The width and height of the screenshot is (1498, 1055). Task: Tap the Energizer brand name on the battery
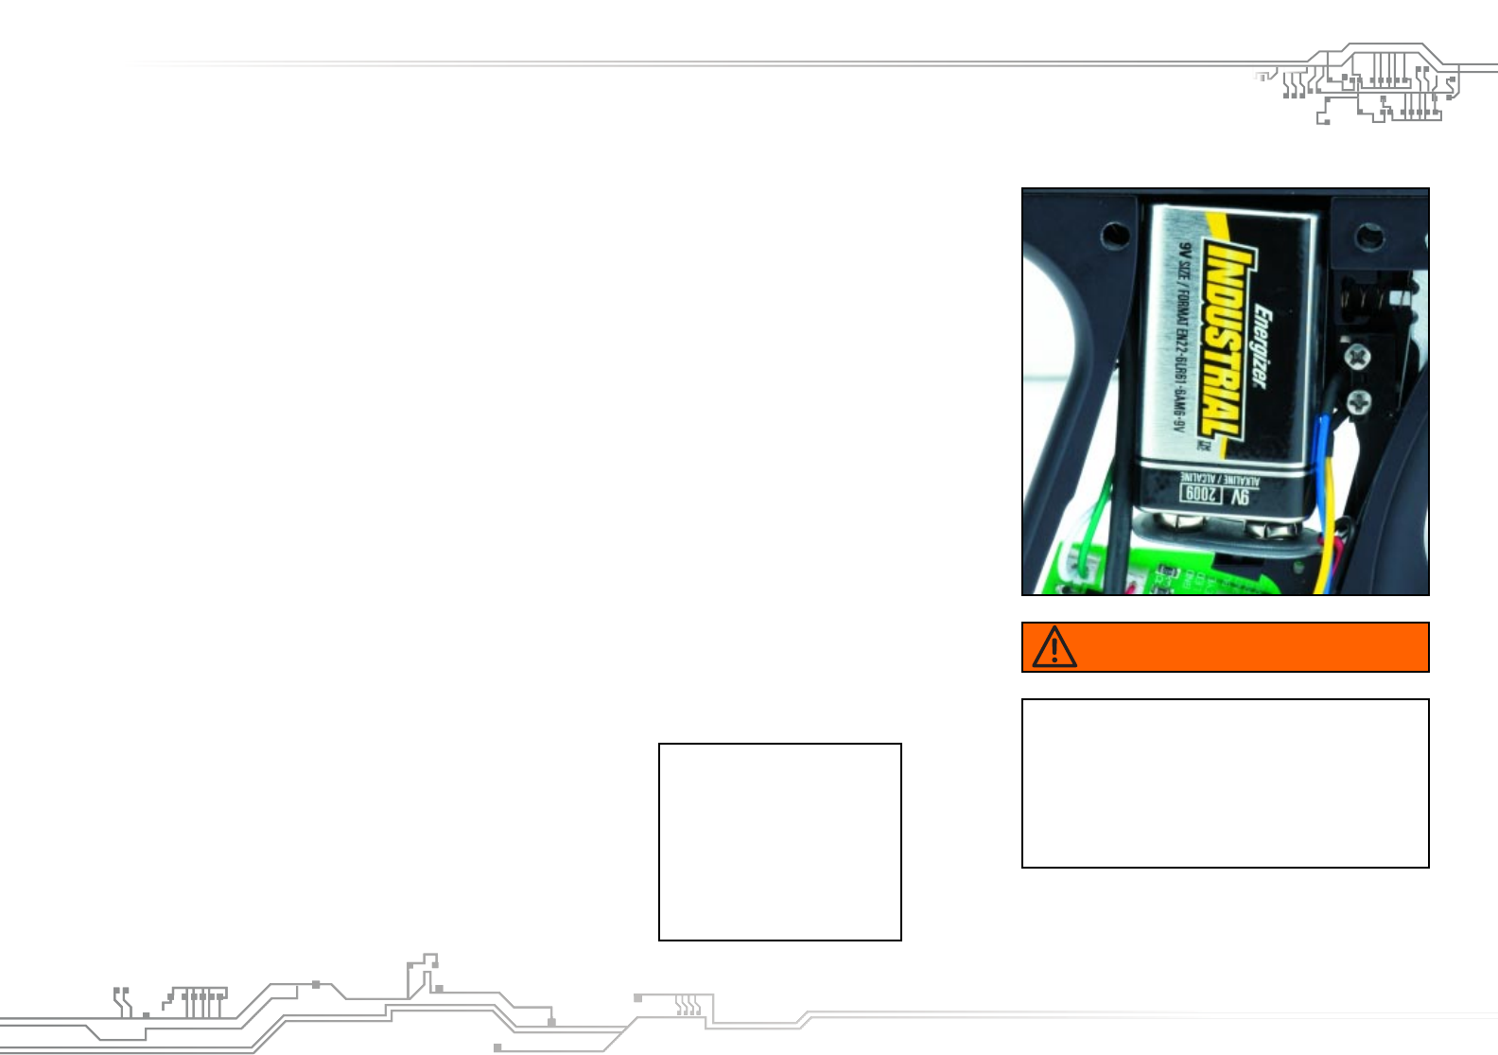pos(1263,345)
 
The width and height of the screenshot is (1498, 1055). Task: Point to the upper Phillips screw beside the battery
pos(1358,357)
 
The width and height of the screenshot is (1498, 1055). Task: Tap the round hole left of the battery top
pos(1116,233)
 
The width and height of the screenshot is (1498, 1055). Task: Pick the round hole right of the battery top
pos(1368,236)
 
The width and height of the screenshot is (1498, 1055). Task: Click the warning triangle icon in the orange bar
pos(1054,648)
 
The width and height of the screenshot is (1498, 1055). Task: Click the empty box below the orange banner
pos(1225,783)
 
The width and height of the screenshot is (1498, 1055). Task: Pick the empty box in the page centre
pos(779,841)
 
